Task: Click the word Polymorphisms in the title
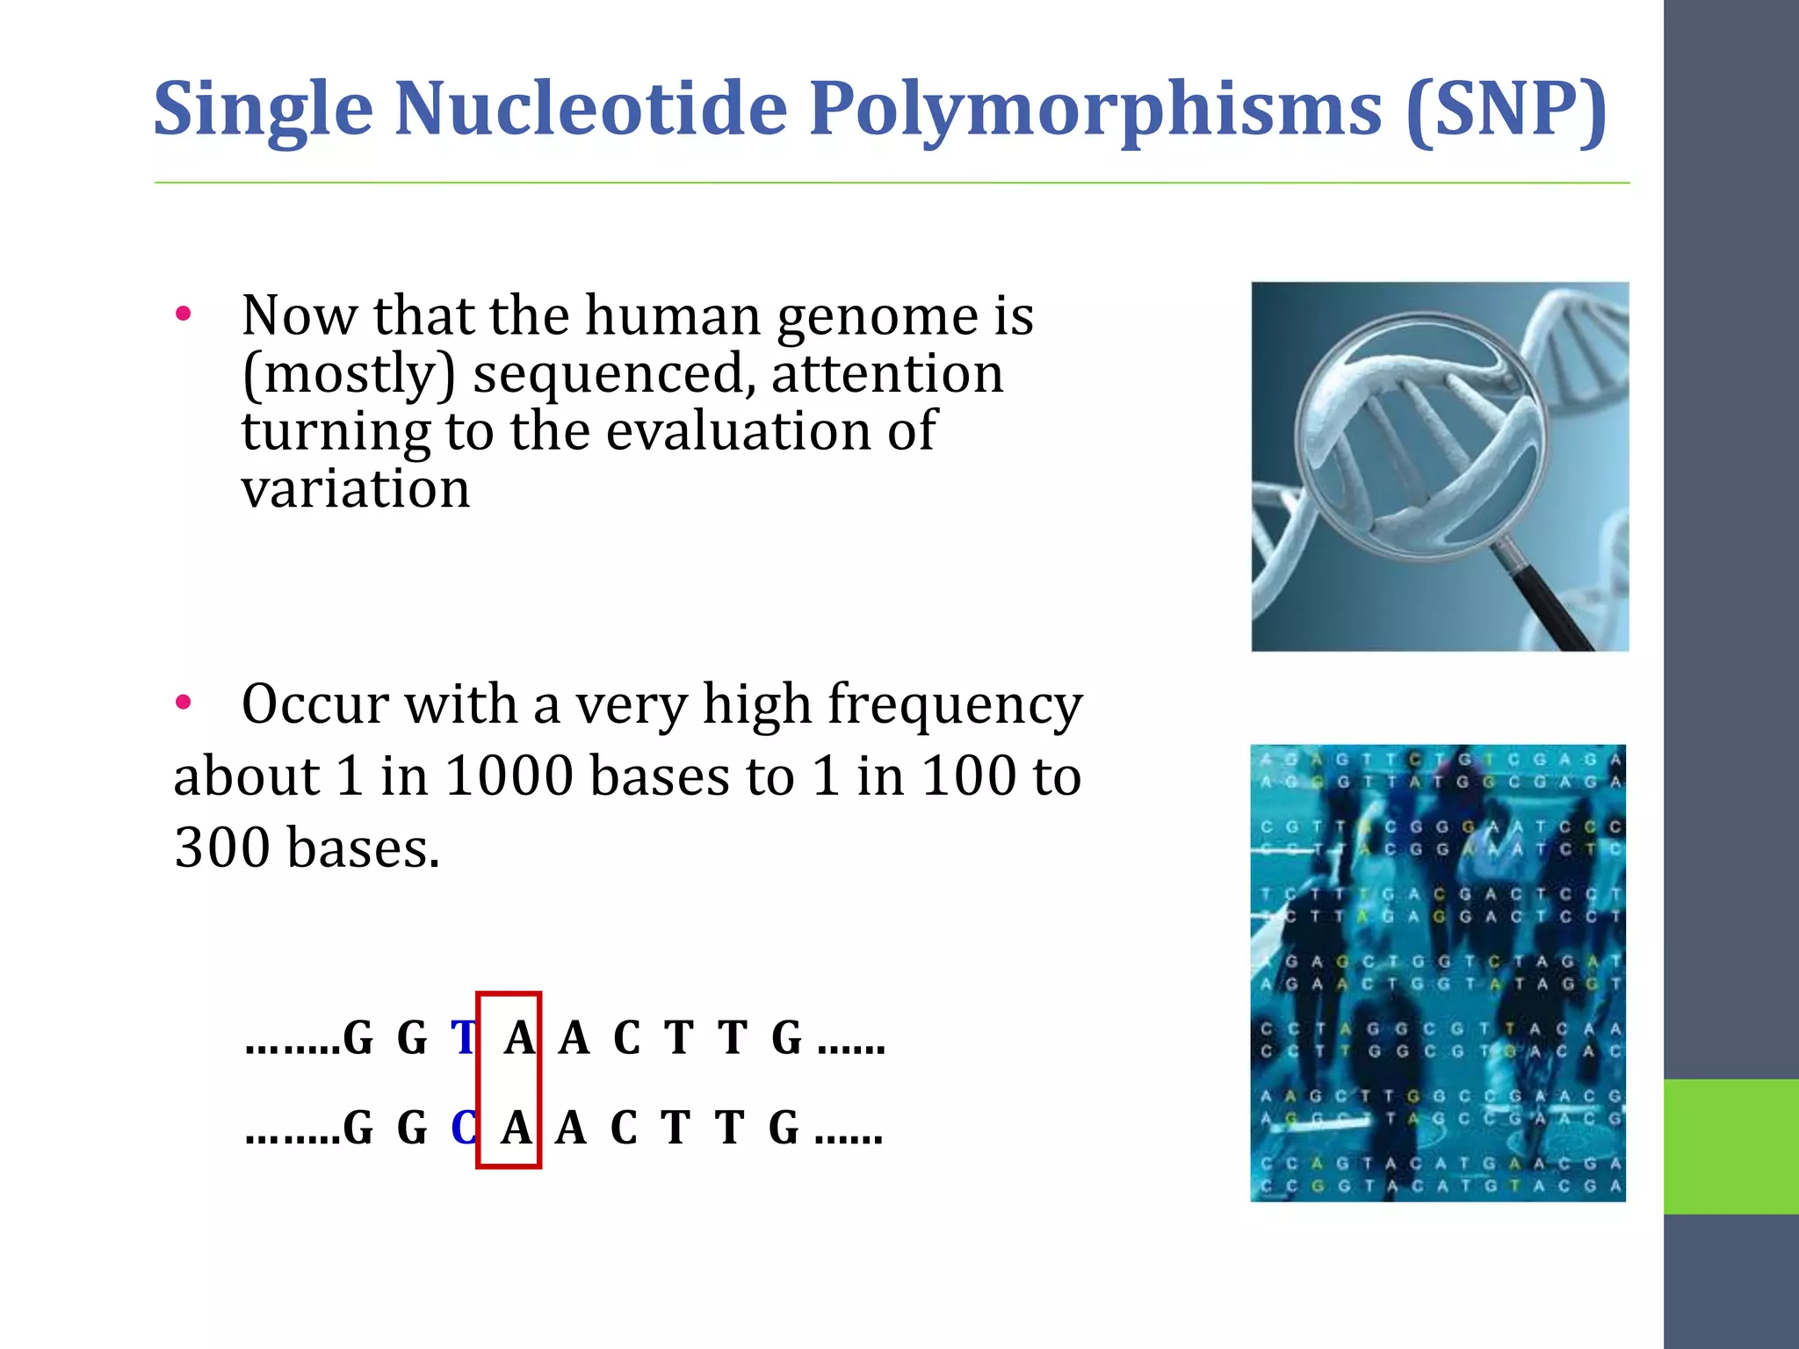[x=1095, y=109]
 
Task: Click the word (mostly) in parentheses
[x=349, y=375]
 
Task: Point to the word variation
[x=356, y=489]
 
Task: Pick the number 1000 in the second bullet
[x=509, y=776]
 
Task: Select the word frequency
[x=955, y=705]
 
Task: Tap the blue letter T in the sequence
[x=463, y=1038]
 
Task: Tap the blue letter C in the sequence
[x=464, y=1129]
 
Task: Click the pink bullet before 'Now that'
[x=183, y=314]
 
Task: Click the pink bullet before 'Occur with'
[x=183, y=702]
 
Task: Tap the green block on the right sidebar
[x=1730, y=1146]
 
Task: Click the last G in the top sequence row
[x=786, y=1038]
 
